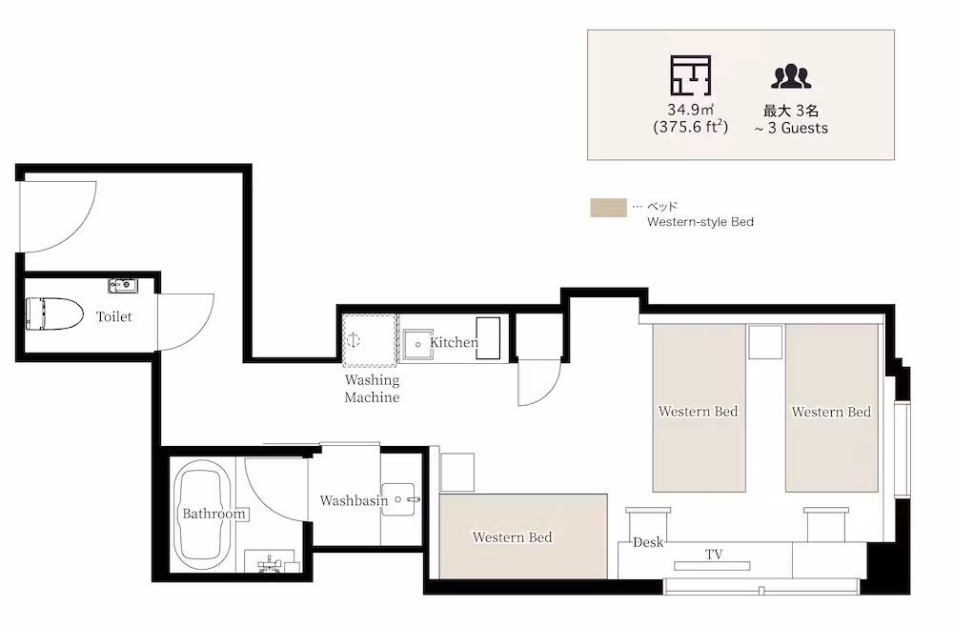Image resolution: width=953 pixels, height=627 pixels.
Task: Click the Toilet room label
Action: (x=113, y=316)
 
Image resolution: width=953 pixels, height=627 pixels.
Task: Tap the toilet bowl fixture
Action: (x=54, y=313)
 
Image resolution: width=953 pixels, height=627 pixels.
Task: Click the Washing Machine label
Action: (x=372, y=389)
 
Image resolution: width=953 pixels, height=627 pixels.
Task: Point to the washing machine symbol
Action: (x=370, y=340)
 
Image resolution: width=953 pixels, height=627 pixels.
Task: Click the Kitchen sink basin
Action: (x=417, y=344)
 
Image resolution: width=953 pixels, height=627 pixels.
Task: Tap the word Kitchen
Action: (x=454, y=343)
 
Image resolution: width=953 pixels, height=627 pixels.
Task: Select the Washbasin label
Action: (x=354, y=500)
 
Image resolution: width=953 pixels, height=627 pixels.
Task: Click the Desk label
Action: (x=648, y=542)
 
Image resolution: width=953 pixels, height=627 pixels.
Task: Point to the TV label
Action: (x=714, y=554)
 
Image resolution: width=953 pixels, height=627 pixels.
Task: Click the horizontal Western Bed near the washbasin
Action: (x=523, y=536)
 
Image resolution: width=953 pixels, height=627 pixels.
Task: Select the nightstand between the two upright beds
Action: (x=765, y=342)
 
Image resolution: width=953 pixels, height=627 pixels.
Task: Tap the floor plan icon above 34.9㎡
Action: (x=690, y=75)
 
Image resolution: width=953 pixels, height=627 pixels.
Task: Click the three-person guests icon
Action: (x=791, y=76)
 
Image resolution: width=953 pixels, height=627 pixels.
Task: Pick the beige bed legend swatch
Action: (x=608, y=208)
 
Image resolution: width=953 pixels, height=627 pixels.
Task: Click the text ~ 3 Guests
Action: (x=791, y=129)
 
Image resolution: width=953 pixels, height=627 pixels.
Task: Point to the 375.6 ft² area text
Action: (x=690, y=127)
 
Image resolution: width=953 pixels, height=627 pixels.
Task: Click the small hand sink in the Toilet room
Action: (x=123, y=285)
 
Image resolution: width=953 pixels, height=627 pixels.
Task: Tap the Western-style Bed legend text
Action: (x=700, y=222)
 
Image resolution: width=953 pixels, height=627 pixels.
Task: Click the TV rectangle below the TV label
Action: (x=712, y=566)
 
